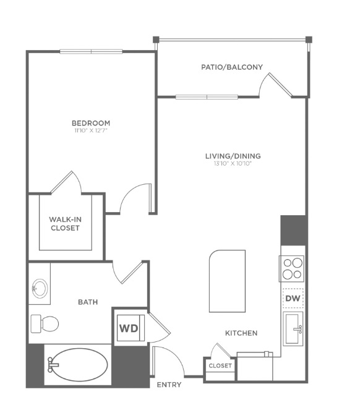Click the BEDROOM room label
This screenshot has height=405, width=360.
coord(91,123)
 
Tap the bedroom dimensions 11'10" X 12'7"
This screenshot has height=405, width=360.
coord(91,130)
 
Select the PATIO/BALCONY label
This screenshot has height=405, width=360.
coord(232,67)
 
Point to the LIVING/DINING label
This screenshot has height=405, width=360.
coord(233,156)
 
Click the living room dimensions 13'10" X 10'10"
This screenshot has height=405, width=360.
coord(233,163)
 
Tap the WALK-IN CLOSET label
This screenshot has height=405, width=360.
coord(65,224)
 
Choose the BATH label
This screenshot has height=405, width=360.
coord(88,302)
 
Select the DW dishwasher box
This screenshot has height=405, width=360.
coord(293,298)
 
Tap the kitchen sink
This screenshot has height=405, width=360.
coord(293,328)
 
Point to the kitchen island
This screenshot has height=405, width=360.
coord(227,281)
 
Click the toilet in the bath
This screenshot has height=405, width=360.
coord(45,323)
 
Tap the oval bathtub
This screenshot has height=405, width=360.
coord(77,365)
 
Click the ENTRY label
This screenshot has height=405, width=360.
coord(169,385)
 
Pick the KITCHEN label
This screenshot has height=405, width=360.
coord(241,333)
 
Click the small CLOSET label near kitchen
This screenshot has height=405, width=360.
coord(220,366)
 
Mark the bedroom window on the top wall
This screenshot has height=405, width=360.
coord(91,52)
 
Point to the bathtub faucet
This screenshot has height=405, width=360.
coord(53,365)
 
